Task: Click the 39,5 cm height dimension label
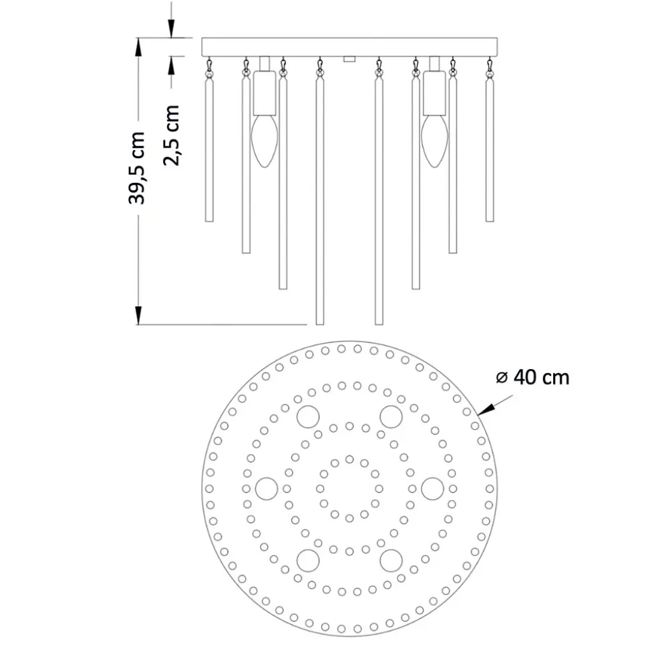click(x=137, y=168)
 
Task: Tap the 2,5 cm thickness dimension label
click(x=171, y=135)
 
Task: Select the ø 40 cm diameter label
click(x=532, y=377)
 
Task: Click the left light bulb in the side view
click(x=265, y=141)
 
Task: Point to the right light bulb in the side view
click(x=434, y=141)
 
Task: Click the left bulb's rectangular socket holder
click(x=265, y=93)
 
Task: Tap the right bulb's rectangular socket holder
click(x=434, y=93)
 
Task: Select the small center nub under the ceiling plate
click(x=349, y=59)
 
